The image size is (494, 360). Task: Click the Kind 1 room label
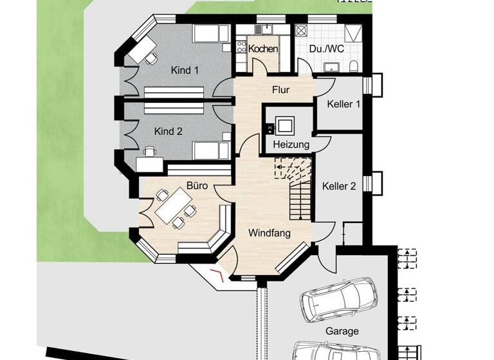[185, 70]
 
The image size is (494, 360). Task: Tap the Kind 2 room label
[169, 131]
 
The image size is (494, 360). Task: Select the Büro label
[196, 186]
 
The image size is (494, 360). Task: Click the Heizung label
[291, 145]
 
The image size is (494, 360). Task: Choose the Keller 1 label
[343, 104]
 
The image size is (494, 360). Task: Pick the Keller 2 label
[339, 186]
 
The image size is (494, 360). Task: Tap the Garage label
[342, 332]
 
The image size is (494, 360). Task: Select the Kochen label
[263, 49]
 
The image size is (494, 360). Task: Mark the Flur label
[281, 89]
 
